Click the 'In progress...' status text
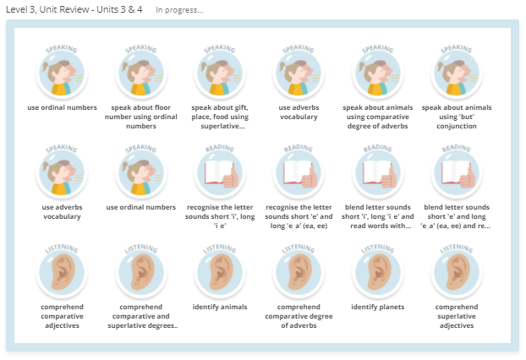click(x=179, y=10)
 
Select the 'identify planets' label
click(x=378, y=307)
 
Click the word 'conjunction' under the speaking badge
click(x=457, y=126)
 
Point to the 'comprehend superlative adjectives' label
click(x=457, y=316)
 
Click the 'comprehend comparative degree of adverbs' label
click(x=299, y=316)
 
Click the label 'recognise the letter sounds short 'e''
click(x=299, y=216)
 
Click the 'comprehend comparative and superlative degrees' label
click(x=141, y=316)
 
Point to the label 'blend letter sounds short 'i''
click(x=378, y=216)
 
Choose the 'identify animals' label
click(x=220, y=307)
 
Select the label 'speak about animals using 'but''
click(x=457, y=117)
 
